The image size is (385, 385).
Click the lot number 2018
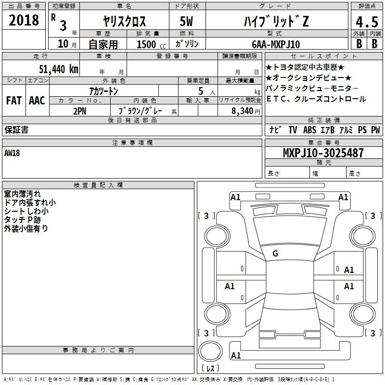click(24, 20)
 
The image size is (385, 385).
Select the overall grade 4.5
click(367, 22)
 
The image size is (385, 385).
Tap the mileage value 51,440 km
click(59, 69)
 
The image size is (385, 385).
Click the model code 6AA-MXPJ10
click(276, 44)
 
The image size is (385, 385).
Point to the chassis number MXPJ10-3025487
click(323, 153)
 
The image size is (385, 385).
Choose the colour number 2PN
click(80, 111)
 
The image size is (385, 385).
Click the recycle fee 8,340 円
click(246, 111)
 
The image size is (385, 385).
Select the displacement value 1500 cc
click(151, 44)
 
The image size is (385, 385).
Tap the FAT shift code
click(14, 101)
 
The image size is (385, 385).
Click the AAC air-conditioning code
click(37, 101)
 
